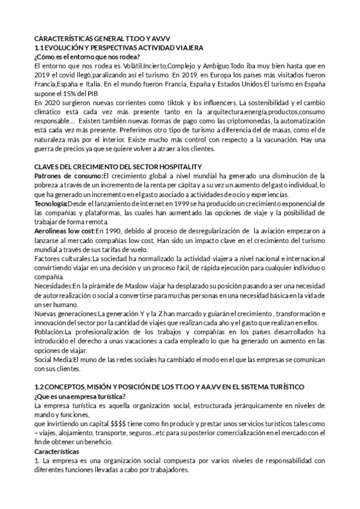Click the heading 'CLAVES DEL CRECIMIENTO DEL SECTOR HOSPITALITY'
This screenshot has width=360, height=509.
[x=118, y=166]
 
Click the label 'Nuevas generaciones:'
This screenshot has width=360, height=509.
[x=66, y=314]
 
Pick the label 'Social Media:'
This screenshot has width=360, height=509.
[x=55, y=360]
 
